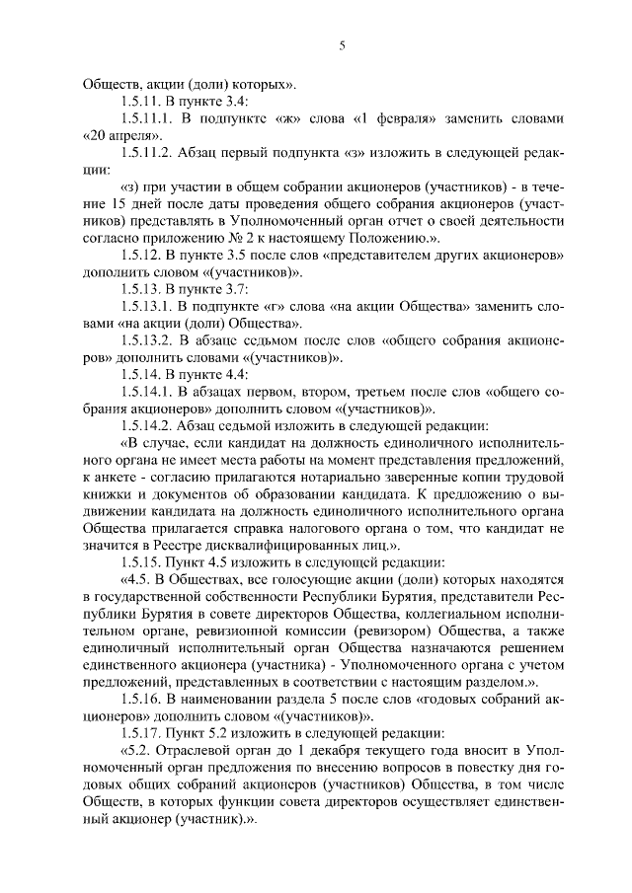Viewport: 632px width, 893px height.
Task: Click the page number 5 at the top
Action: (340, 44)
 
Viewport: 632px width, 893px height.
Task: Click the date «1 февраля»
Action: (393, 118)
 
